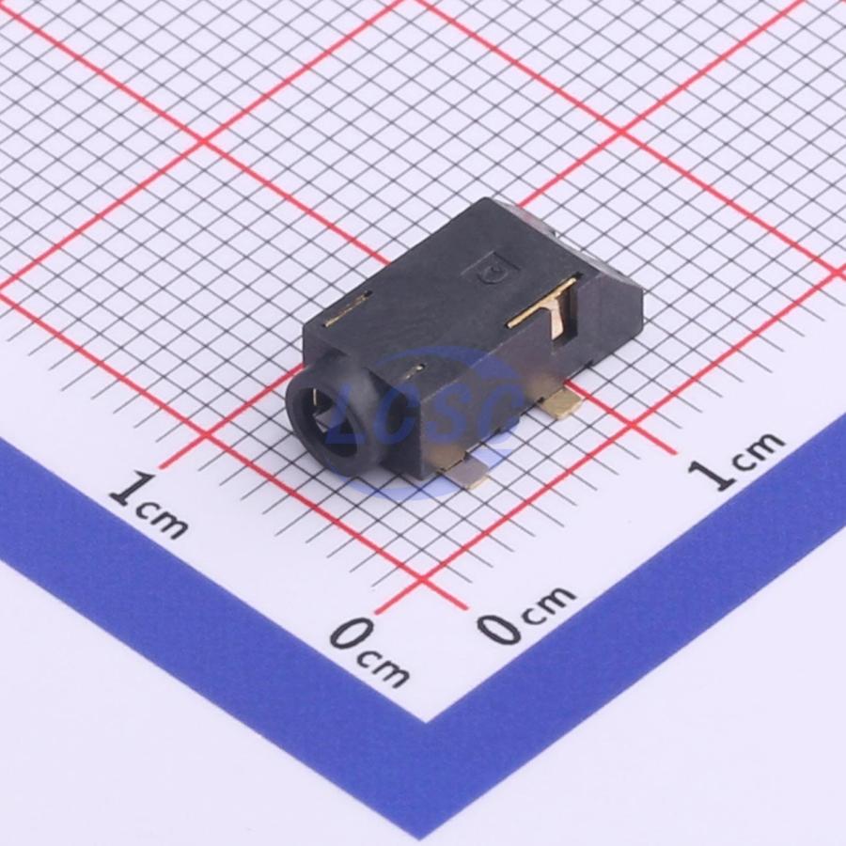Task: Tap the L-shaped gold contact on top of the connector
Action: (546, 310)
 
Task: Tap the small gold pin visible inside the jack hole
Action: (313, 402)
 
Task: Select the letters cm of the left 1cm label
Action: (162, 520)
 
